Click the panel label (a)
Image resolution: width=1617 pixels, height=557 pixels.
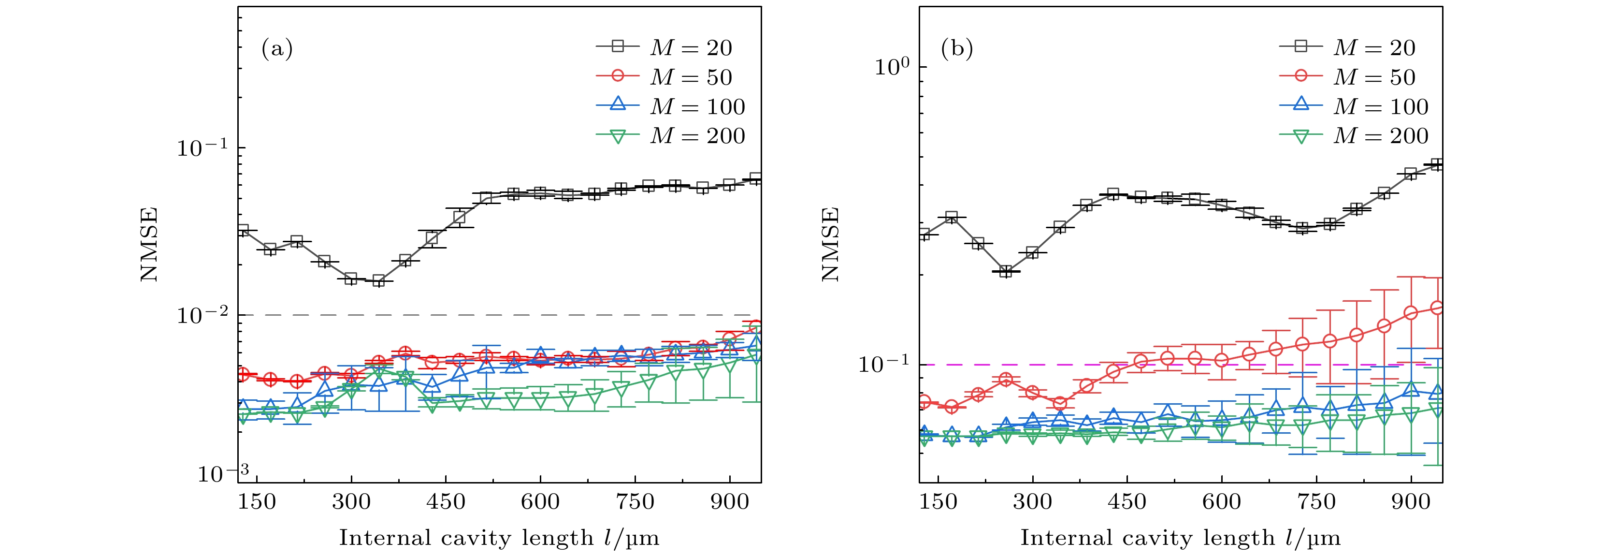click(x=277, y=48)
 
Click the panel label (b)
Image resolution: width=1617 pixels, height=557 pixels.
click(x=957, y=48)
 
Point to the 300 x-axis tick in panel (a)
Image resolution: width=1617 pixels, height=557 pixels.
click(x=351, y=502)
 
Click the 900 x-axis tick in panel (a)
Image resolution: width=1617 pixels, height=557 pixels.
click(x=729, y=502)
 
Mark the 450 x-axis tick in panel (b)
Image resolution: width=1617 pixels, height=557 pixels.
click(x=1127, y=502)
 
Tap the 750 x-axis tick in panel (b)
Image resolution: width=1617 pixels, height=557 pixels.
click(x=1316, y=502)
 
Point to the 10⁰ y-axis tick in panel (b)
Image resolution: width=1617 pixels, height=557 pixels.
click(x=891, y=67)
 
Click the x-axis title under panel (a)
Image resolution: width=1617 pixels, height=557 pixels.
click(x=499, y=538)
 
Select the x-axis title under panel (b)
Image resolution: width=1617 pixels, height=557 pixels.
click(x=1180, y=538)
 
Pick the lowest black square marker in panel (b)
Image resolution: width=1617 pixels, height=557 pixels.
click(x=1006, y=271)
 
